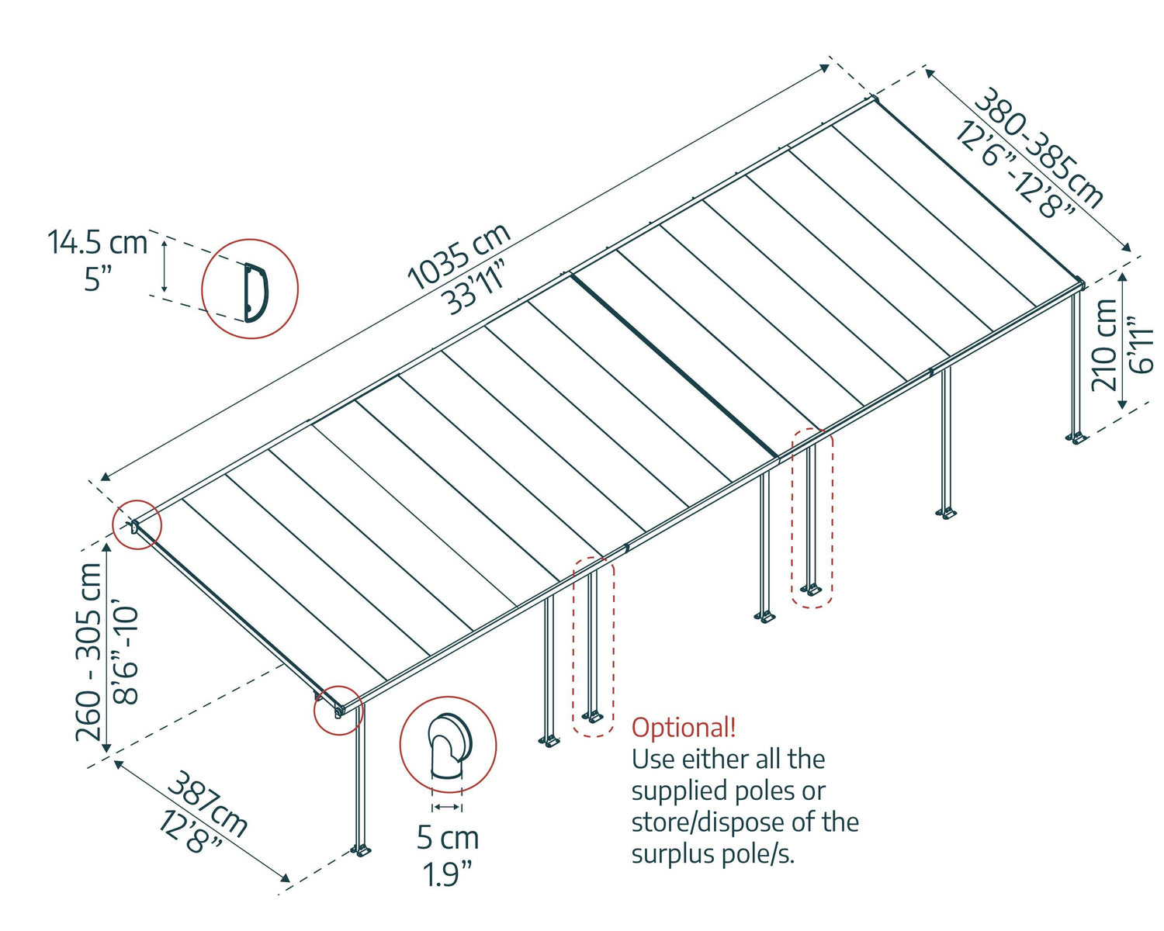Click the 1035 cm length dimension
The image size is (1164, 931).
pyautogui.click(x=458, y=255)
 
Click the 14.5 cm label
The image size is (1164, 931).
pyautogui.click(x=97, y=243)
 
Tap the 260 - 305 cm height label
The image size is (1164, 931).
pyautogui.click(x=89, y=652)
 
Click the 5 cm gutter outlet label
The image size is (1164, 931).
pyautogui.click(x=448, y=838)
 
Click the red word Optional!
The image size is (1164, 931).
pyautogui.click(x=684, y=728)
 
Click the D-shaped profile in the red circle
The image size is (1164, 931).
pyautogui.click(x=254, y=292)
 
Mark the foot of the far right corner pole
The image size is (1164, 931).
pyautogui.click(x=1076, y=438)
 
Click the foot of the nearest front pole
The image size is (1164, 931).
pyautogui.click(x=361, y=850)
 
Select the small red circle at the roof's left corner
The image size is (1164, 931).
pyautogui.click(x=137, y=526)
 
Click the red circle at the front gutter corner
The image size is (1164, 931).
pyautogui.click(x=338, y=709)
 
